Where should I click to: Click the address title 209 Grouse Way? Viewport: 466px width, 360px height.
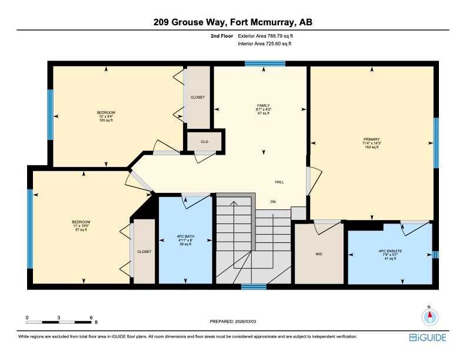point(232,22)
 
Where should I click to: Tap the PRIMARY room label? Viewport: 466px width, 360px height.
point(371,139)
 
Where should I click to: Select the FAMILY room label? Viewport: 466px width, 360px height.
point(263,106)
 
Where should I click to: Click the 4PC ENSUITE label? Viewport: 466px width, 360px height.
point(390,251)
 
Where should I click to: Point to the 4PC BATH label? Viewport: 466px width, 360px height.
point(185,236)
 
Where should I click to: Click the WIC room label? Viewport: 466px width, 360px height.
point(318,255)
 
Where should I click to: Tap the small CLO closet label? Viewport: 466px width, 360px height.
point(204,142)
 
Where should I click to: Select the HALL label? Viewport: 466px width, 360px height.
point(279,182)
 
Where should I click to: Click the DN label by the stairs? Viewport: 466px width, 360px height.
point(272,201)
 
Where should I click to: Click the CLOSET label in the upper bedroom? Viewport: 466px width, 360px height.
point(197,97)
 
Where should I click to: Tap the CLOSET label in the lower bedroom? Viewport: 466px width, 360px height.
point(144,251)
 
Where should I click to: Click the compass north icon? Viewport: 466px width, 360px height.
point(430,316)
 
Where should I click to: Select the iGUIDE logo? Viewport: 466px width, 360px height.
point(428,337)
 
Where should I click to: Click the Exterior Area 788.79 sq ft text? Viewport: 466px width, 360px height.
point(265,36)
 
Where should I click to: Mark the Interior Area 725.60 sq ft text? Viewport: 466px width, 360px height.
point(265,44)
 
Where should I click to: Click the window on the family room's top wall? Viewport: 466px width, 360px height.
point(265,63)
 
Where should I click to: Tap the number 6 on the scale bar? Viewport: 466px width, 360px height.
point(91,317)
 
